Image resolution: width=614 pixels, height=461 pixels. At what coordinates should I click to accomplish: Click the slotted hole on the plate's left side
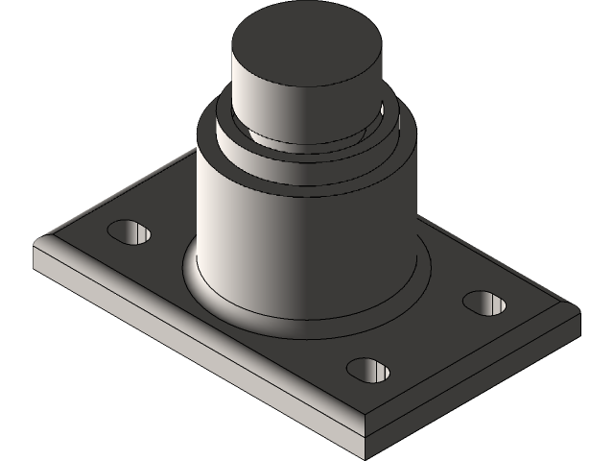[x=130, y=231]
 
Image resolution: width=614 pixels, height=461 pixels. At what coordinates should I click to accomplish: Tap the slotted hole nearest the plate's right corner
[x=484, y=303]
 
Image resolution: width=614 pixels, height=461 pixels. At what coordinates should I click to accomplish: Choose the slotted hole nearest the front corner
[x=369, y=369]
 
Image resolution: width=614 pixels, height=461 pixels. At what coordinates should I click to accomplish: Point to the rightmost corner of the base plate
[x=579, y=309]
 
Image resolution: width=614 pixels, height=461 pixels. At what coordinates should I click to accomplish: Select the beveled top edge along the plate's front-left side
[x=192, y=331]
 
